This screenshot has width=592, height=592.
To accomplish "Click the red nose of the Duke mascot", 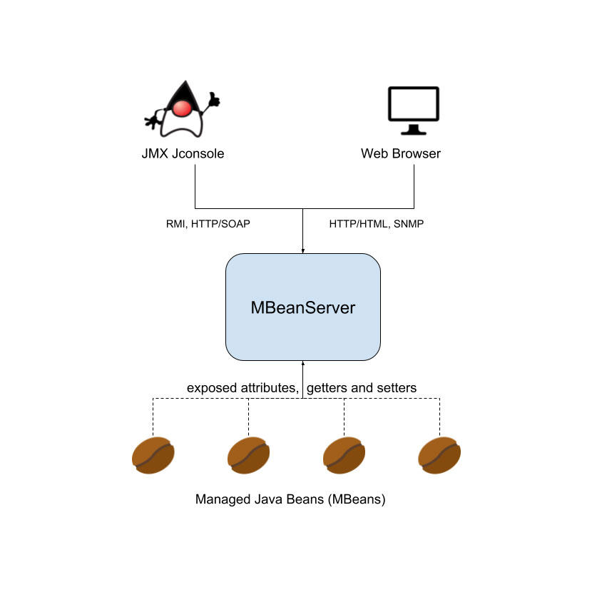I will point(183,108).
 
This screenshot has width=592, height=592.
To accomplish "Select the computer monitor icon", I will point(413,106).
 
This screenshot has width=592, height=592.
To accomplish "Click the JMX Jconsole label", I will point(183,153).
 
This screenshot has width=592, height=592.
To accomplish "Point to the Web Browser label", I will point(400,153).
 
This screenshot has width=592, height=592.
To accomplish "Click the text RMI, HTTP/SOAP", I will point(208,223).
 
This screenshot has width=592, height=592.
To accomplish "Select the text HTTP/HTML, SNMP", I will point(377,223).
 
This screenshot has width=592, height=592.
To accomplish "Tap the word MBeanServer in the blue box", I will point(303,308).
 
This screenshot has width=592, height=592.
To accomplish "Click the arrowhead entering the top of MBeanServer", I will point(303,250).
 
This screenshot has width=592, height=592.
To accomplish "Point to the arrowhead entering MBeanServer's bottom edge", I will point(303,364).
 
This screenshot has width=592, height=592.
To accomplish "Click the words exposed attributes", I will point(242,388).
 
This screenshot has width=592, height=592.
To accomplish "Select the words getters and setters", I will point(362,388).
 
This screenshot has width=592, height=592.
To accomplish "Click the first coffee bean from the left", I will point(153,454).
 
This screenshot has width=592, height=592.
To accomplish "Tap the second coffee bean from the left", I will point(248,454).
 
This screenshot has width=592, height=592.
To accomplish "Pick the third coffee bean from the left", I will point(344,454).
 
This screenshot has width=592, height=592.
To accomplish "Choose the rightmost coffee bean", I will point(439,454).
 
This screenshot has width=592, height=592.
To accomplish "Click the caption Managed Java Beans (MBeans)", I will point(290,499).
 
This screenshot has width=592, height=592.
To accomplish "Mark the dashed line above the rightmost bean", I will point(440,417).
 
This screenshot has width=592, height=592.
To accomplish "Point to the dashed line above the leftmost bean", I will point(153,417).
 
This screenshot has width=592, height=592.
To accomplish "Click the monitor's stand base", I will point(413,132).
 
